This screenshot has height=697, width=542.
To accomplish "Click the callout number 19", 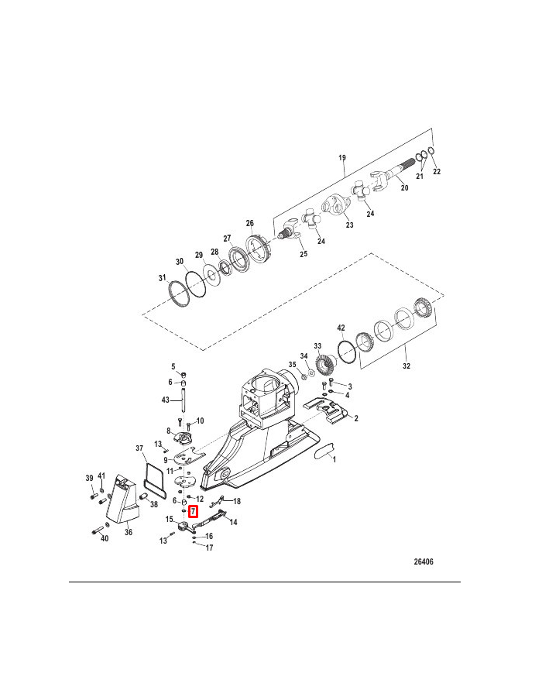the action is tap(342, 157).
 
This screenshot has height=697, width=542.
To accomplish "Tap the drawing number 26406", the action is tap(424, 561).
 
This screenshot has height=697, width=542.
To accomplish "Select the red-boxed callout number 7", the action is tap(194, 512).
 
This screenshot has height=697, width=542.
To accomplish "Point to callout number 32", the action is tap(406, 366).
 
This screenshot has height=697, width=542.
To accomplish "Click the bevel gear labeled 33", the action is tap(325, 362).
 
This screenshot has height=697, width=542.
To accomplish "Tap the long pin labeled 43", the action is tap(183, 401).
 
